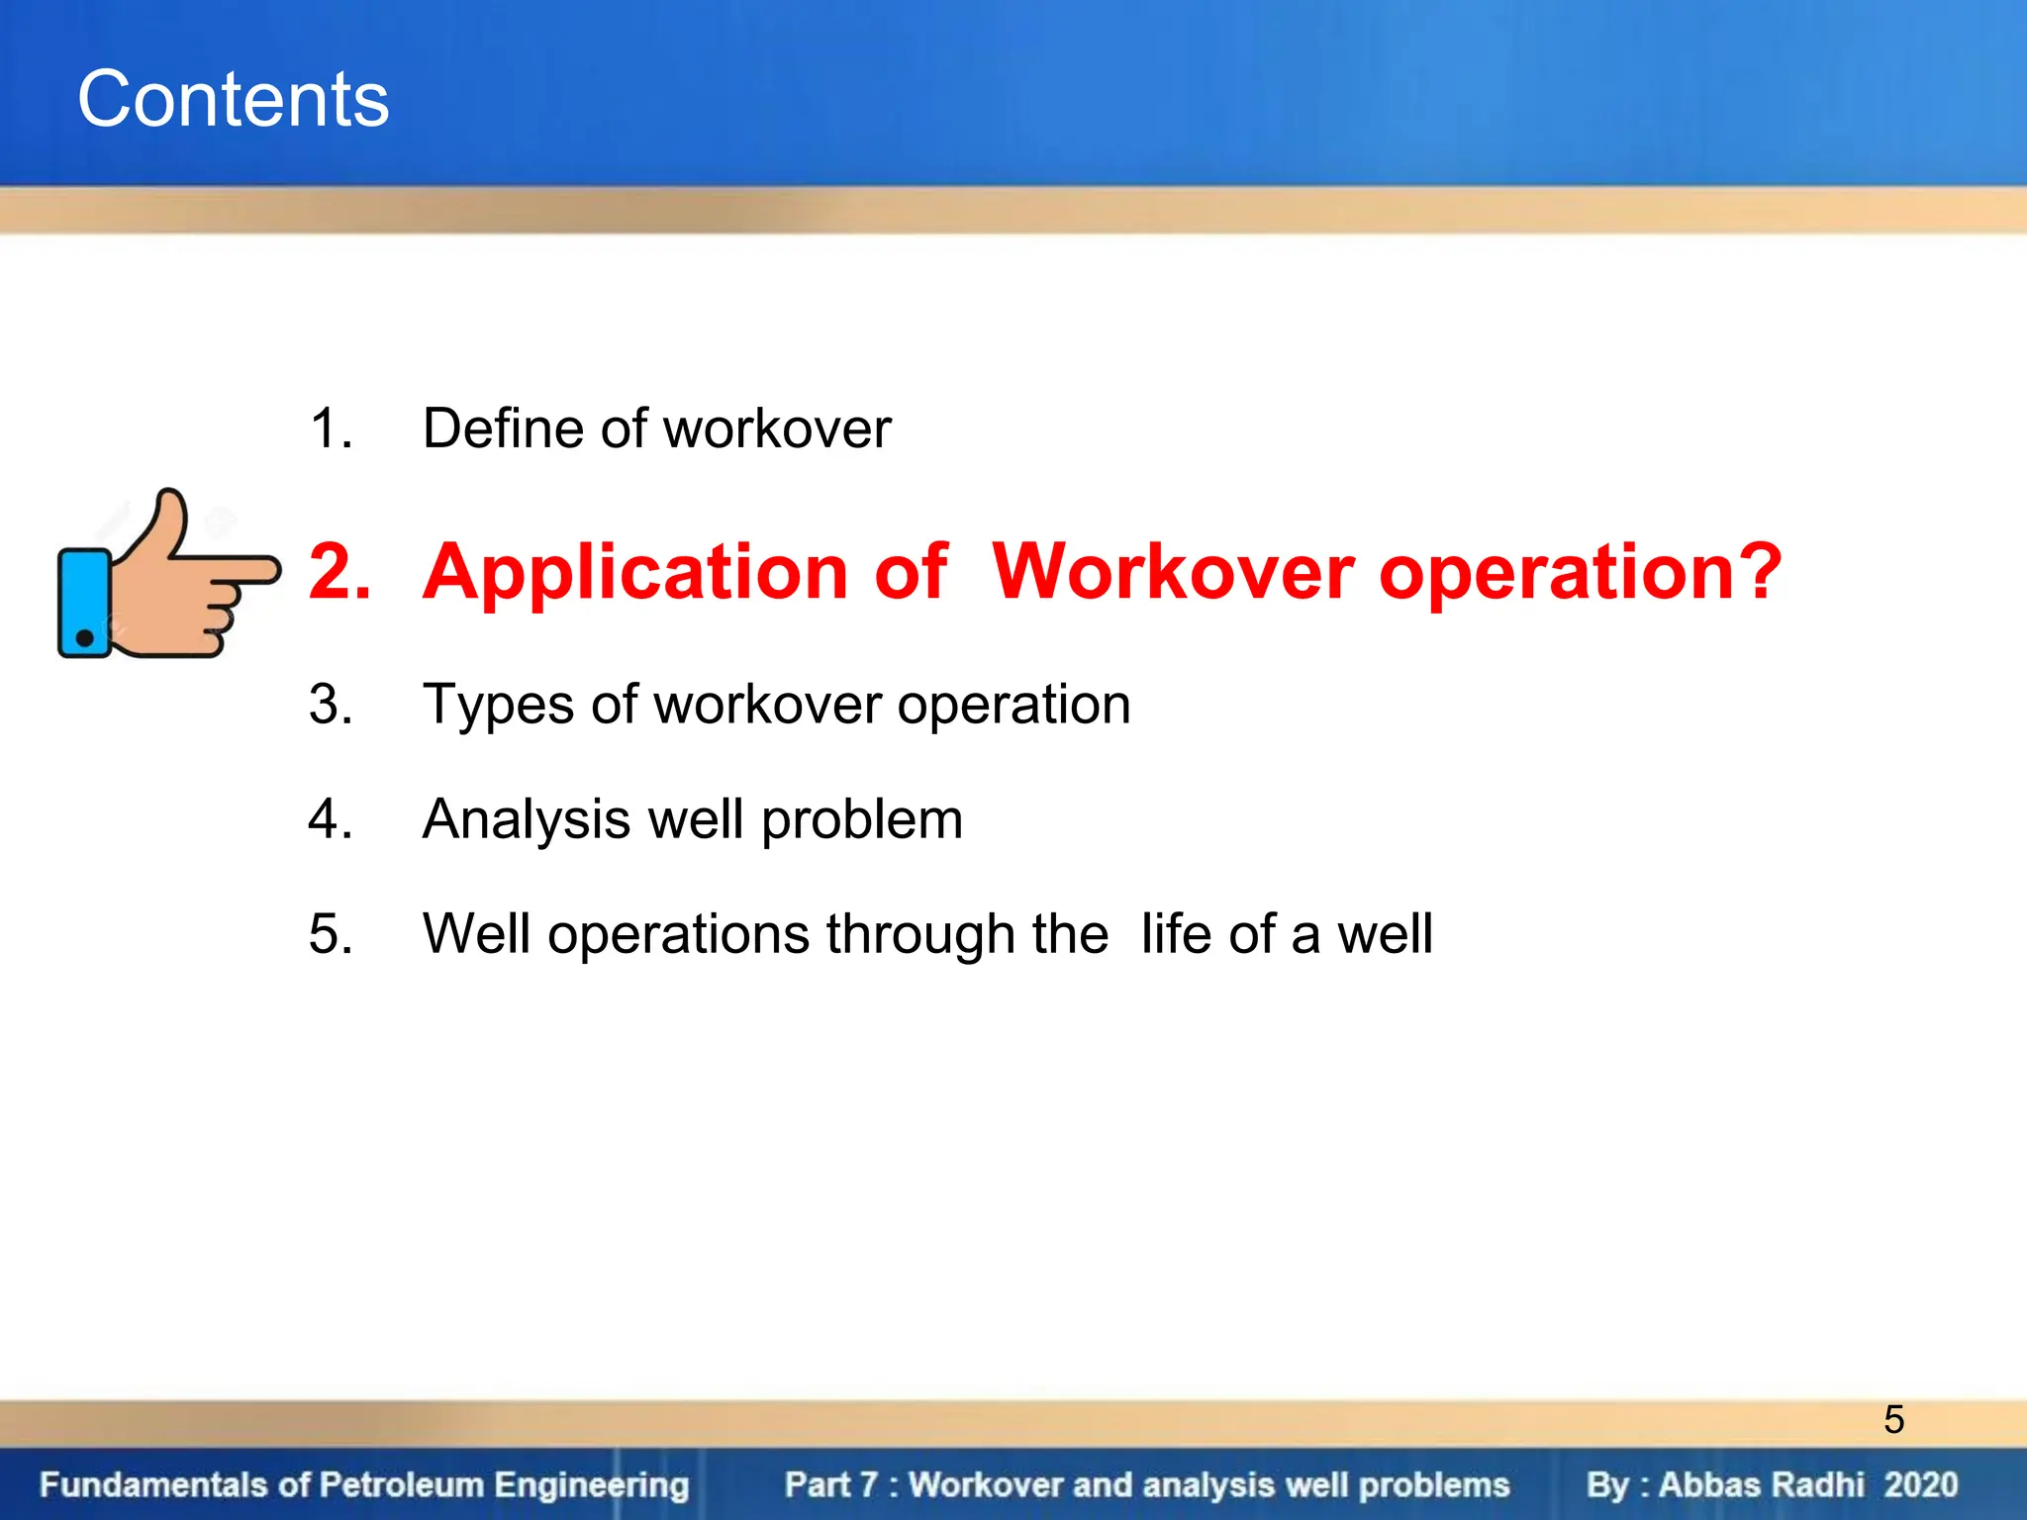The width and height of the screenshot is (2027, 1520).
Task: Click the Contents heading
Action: tap(234, 99)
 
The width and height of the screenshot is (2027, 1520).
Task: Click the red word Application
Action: tap(634, 574)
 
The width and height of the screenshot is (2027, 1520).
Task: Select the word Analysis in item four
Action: tap(527, 820)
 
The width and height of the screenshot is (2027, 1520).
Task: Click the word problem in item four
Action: tap(862, 820)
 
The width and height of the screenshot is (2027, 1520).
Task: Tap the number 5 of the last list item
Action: tap(329, 933)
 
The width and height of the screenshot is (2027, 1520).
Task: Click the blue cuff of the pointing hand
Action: tap(84, 604)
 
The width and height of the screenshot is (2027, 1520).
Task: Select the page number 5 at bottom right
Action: tap(1893, 1419)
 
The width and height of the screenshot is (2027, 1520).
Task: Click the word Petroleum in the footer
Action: tap(402, 1484)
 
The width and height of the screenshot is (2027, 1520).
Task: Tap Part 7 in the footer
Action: tap(830, 1484)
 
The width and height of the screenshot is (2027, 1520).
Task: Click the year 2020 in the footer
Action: tap(1920, 1484)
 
